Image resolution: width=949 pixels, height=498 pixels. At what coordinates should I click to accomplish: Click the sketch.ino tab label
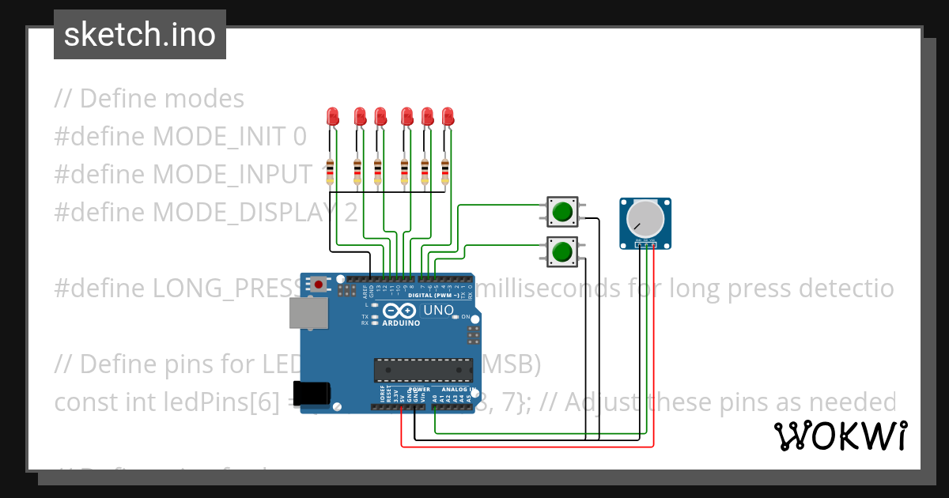(139, 35)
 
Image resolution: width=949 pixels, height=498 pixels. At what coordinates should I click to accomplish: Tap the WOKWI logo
(840, 436)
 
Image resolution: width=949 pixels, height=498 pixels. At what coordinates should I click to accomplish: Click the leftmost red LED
(332, 117)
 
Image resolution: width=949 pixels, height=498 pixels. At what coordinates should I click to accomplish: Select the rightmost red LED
(448, 117)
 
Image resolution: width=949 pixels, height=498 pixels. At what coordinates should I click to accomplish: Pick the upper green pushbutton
(562, 211)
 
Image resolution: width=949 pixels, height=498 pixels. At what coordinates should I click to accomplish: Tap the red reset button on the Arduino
(319, 284)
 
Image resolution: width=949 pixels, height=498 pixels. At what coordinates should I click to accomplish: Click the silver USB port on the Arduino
(309, 313)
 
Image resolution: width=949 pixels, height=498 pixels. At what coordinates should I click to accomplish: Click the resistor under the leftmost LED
(330, 169)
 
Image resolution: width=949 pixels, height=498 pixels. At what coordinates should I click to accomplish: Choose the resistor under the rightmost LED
(445, 169)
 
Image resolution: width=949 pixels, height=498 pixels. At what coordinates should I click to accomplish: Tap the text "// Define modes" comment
(149, 99)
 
